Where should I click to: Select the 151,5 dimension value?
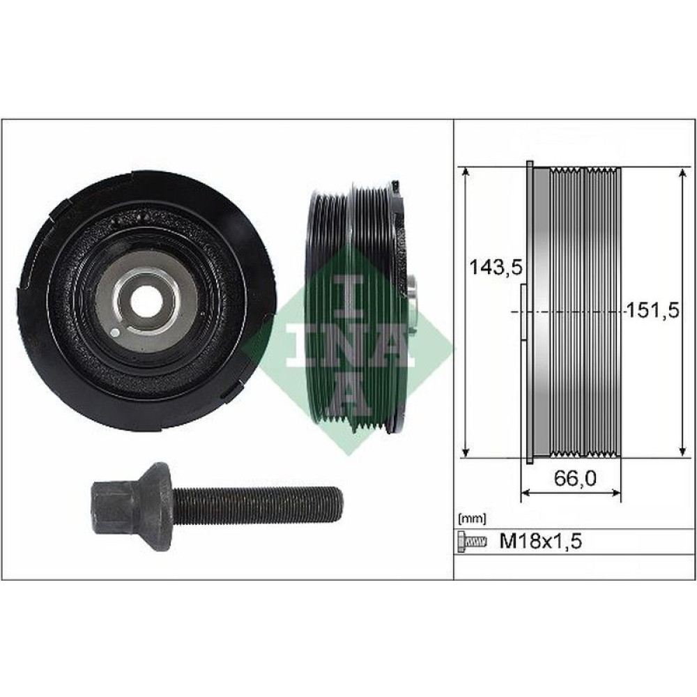tap(652, 309)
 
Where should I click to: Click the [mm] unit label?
tap(472, 519)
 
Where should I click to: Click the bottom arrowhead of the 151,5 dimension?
tap(681, 452)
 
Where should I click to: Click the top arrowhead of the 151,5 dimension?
tap(681, 171)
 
